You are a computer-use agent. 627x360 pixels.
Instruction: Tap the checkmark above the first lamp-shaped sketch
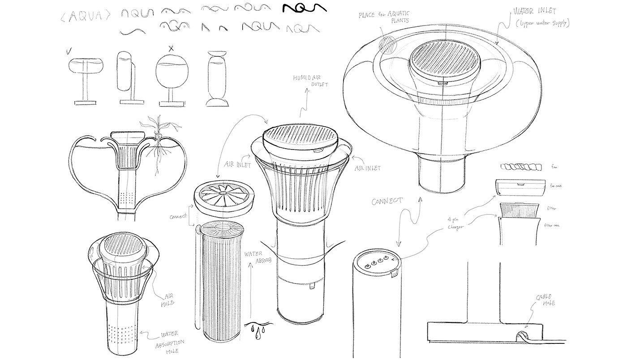pos(68,51)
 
